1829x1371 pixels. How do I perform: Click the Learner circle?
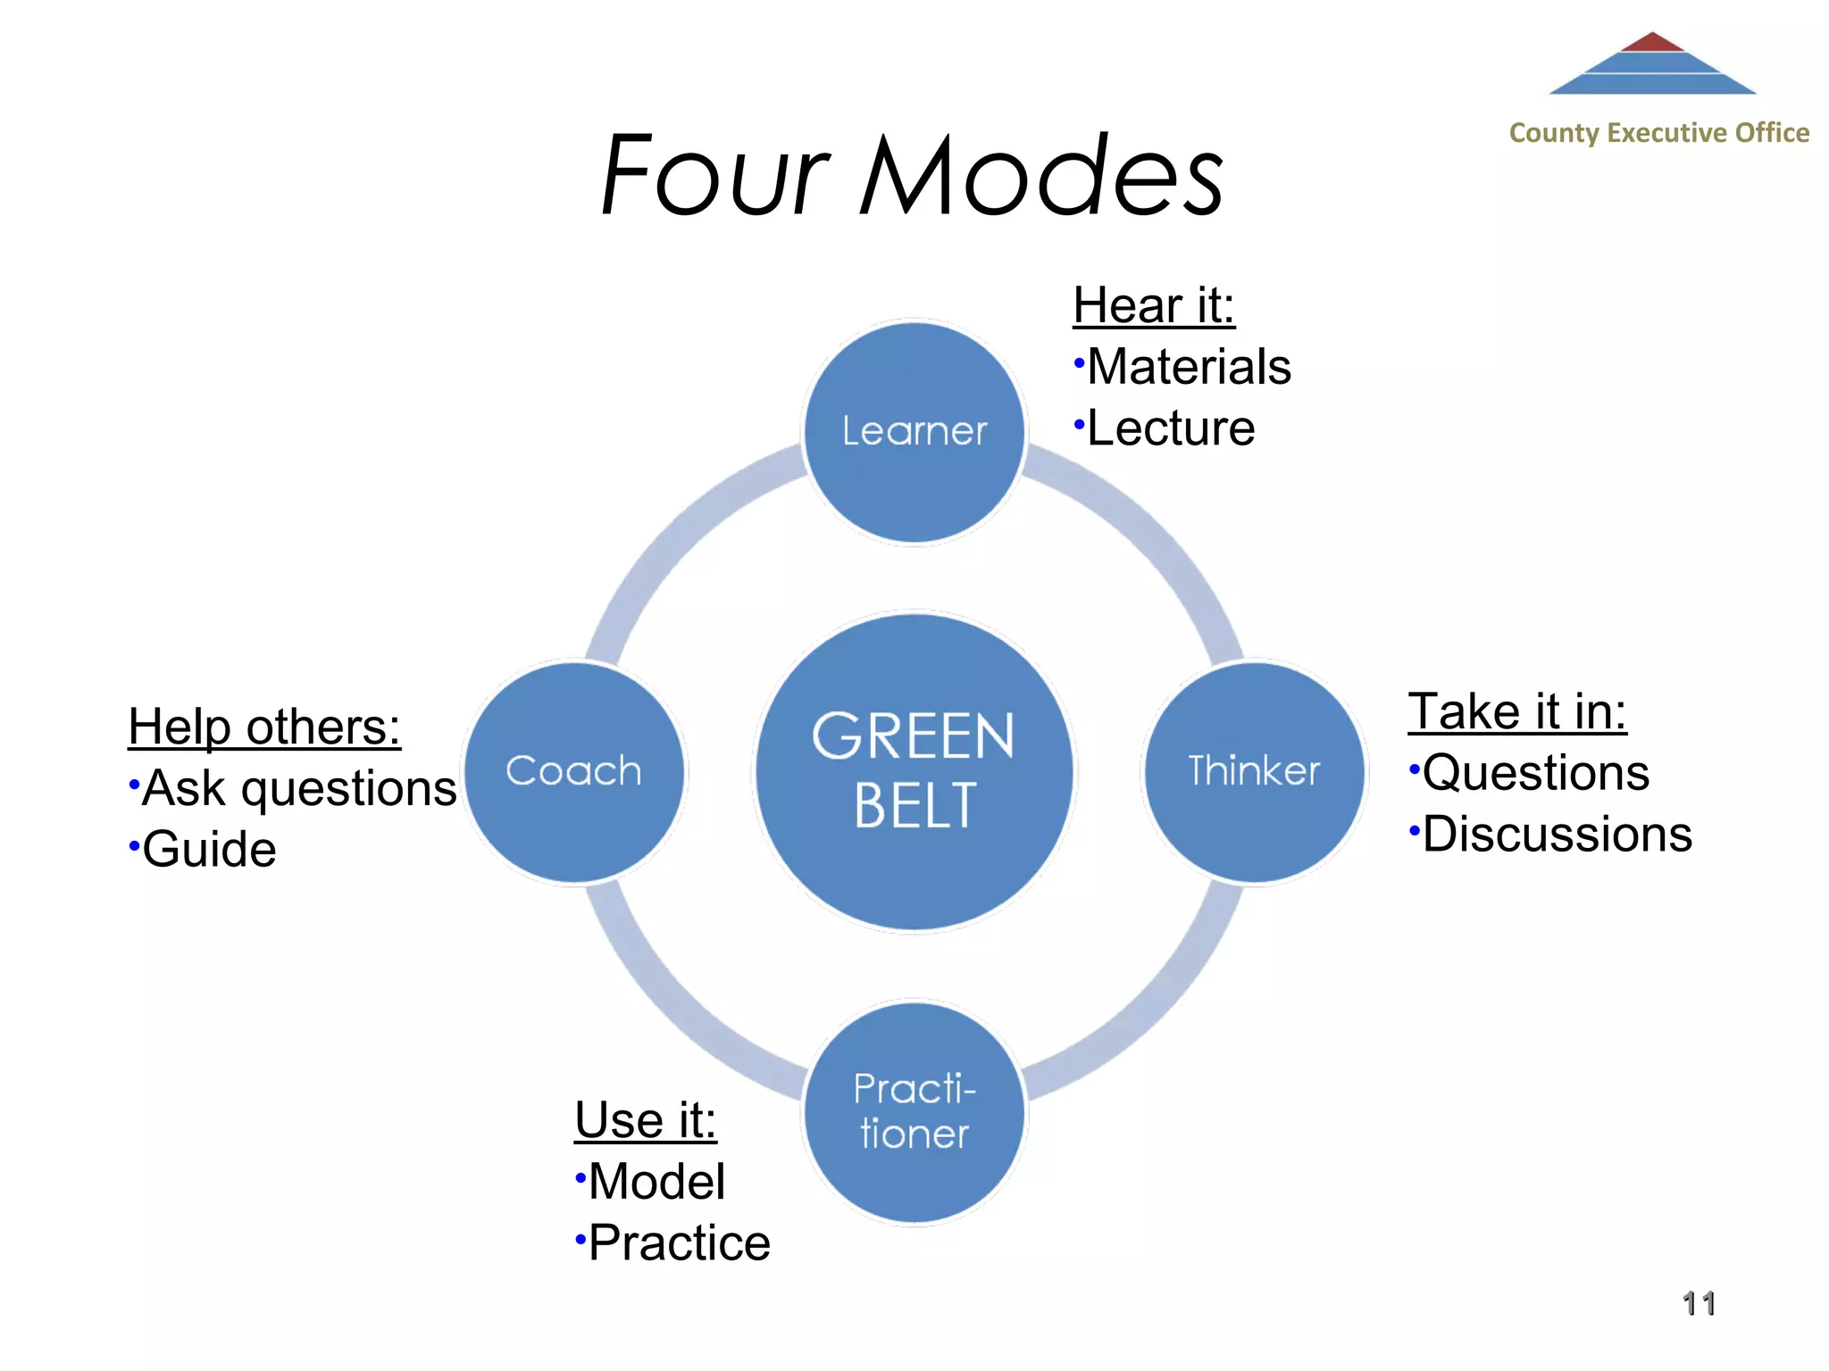coord(914,432)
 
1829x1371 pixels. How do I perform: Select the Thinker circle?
coord(1254,772)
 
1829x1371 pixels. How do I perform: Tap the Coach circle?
coord(574,772)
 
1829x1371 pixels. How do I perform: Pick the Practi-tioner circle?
coord(914,1112)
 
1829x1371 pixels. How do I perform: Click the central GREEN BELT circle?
coord(914,772)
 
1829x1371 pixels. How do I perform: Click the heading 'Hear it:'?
coord(1153,306)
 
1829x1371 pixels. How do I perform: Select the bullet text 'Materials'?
coord(1189,367)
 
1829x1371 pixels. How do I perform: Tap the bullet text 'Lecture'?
coord(1171,428)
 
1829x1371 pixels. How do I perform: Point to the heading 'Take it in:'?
coord(1517,712)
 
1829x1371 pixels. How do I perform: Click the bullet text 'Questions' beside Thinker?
coord(1535,773)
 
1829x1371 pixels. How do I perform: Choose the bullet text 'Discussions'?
coord(1557,835)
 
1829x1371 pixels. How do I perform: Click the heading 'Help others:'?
coord(264,727)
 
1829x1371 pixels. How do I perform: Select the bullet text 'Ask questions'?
coord(299,789)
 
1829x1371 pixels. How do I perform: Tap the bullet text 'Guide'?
coord(209,850)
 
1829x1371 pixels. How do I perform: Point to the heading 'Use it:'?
coord(646,1120)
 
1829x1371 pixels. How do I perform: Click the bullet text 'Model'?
coord(656,1182)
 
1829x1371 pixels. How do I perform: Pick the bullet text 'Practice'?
coord(679,1243)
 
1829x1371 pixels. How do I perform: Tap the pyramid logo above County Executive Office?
coord(1652,64)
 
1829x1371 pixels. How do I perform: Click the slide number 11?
coord(1699,1304)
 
